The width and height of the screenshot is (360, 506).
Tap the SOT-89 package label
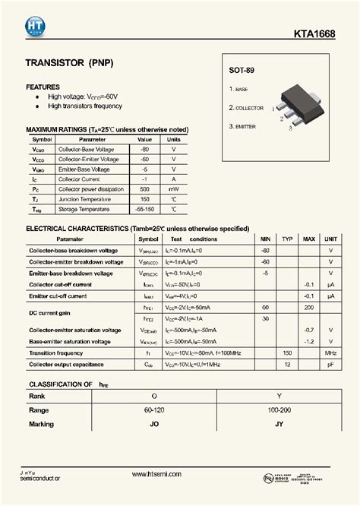click(x=242, y=71)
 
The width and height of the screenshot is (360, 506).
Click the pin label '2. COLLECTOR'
click(x=247, y=108)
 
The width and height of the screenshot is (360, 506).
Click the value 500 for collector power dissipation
click(x=144, y=188)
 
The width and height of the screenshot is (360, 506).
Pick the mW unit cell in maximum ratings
click(x=174, y=188)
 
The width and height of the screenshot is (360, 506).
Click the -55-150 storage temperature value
click(x=144, y=208)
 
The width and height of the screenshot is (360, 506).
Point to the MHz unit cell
click(x=330, y=353)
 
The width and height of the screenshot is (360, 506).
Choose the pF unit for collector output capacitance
click(x=330, y=365)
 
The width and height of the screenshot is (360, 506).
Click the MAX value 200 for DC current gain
click(x=309, y=307)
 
